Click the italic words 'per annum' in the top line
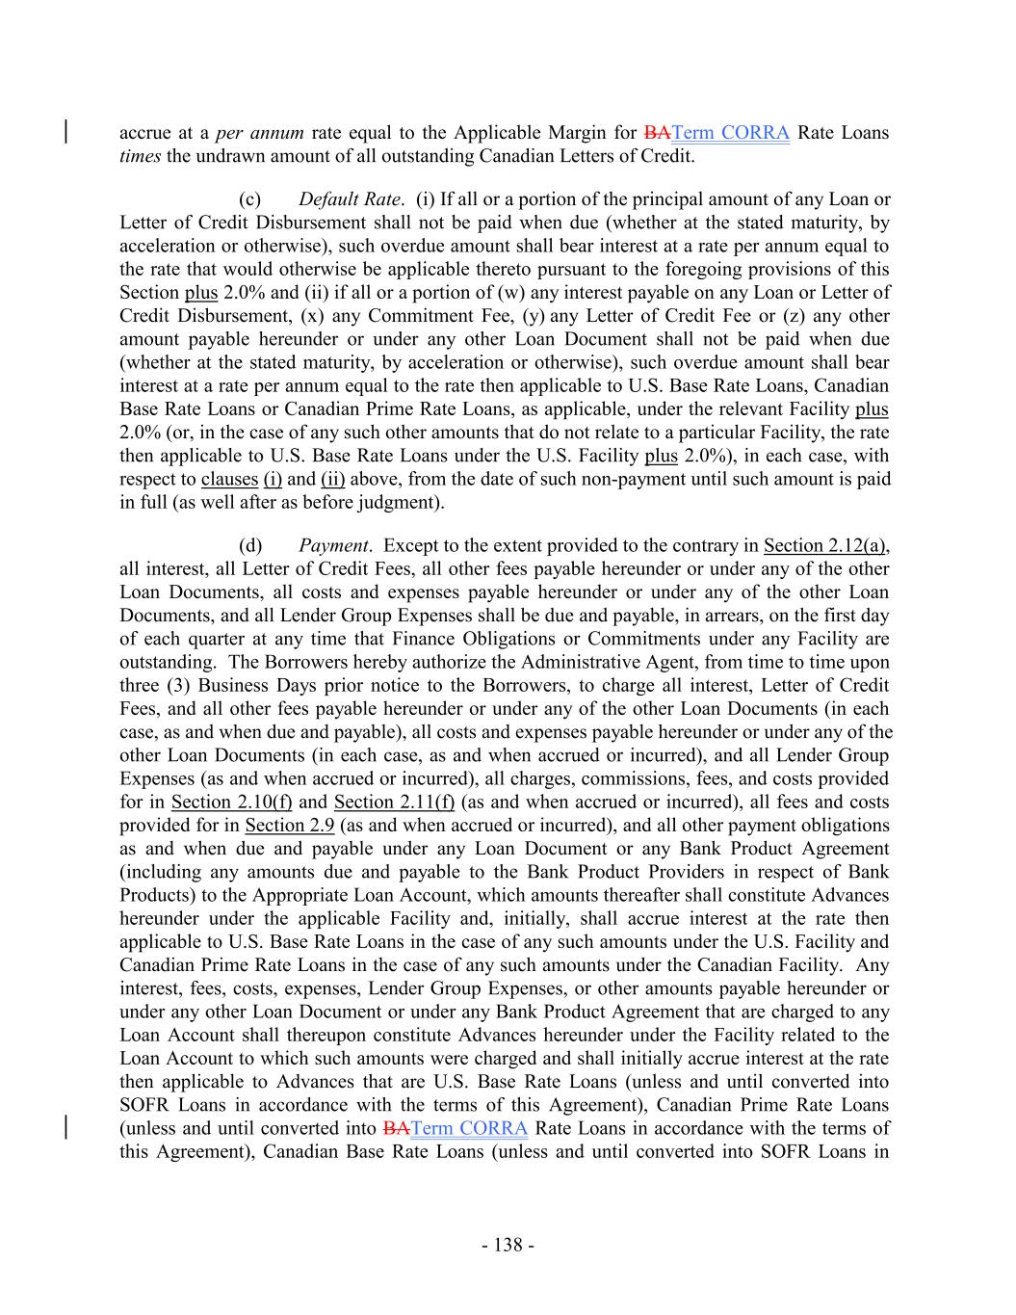coord(259,133)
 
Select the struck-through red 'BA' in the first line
coord(656,133)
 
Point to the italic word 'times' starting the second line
coord(139,156)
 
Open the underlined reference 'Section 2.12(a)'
coord(825,546)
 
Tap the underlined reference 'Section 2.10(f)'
coord(231,802)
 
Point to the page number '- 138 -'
coord(508,1246)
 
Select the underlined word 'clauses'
coord(229,479)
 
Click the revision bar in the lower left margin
coord(65,1127)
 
